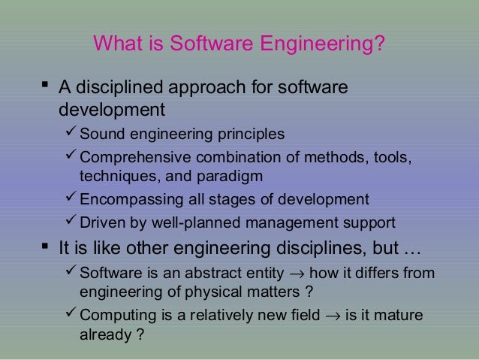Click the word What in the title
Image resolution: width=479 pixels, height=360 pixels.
click(x=118, y=47)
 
